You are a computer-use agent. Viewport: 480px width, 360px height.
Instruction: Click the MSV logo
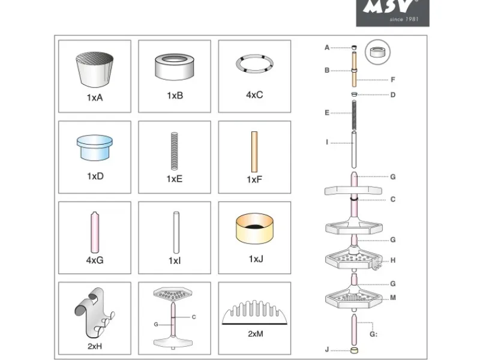point(393,13)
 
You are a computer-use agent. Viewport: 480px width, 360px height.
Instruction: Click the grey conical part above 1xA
point(95,70)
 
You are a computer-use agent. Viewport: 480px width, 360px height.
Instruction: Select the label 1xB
point(175,95)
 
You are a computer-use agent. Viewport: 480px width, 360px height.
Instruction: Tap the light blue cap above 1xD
point(95,148)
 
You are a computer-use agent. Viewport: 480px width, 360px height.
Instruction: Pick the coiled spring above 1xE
point(174,151)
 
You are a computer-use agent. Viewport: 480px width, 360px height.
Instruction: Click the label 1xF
point(254,179)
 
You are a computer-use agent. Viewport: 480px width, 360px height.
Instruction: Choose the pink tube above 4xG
point(95,232)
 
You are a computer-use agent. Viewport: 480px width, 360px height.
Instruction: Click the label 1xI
point(175,260)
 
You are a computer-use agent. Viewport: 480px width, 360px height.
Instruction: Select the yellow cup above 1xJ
point(254,229)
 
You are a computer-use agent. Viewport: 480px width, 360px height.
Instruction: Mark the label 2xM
point(256,334)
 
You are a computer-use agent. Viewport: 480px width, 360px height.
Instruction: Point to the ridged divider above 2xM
point(254,313)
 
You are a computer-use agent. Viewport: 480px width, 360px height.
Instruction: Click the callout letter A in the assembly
point(327,47)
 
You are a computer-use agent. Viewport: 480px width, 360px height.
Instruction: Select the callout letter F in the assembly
point(393,80)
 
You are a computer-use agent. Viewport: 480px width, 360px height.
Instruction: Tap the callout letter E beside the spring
point(327,113)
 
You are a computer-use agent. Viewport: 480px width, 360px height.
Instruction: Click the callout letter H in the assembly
point(393,260)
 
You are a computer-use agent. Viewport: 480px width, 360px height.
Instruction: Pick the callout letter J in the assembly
point(327,350)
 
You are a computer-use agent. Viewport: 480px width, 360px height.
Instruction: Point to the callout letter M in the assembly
point(393,298)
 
